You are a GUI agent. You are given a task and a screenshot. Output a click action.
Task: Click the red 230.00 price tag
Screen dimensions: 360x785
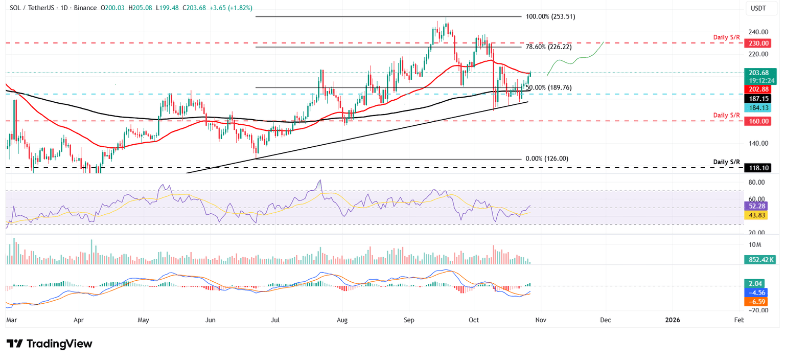pyautogui.click(x=758, y=44)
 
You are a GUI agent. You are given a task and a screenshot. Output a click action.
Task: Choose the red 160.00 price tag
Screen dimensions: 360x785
pyautogui.click(x=758, y=121)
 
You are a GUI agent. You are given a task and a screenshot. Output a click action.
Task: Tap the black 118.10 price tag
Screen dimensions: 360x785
pyautogui.click(x=758, y=168)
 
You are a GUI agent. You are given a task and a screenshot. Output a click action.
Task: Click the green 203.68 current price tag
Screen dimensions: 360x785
pyautogui.click(x=758, y=73)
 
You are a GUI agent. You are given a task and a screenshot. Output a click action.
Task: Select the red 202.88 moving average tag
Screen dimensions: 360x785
pyautogui.click(x=758, y=89)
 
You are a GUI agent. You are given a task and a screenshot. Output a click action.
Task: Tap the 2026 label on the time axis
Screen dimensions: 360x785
pyautogui.click(x=672, y=320)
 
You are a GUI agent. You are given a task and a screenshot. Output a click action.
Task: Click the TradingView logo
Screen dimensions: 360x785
pyautogui.click(x=50, y=344)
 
